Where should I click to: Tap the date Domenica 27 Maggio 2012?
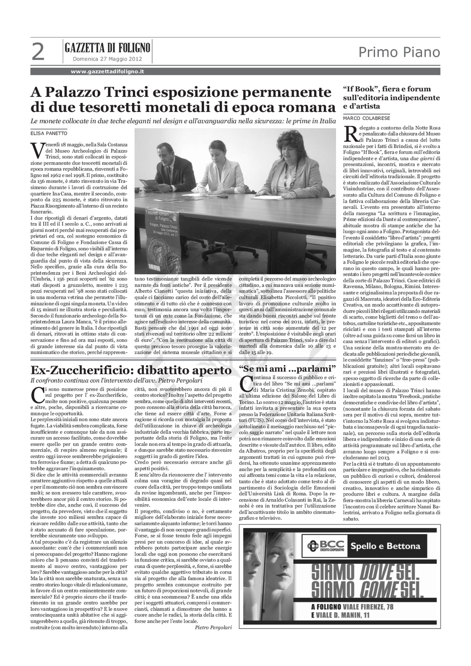point(107,59)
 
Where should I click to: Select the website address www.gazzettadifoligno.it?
point(107,72)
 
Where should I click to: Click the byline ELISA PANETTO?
point(49,133)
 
